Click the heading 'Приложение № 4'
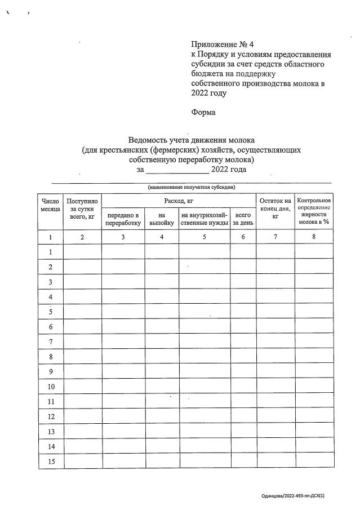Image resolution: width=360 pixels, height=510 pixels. pos(223,45)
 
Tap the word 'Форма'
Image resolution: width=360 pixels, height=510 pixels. pos(203,112)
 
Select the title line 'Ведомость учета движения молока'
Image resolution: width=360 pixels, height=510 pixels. pos(192,140)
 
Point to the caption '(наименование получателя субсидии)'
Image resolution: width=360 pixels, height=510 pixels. pos(192,187)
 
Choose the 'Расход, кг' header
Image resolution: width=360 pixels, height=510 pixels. pos(179,201)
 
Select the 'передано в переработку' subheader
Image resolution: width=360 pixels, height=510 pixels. pos(123,219)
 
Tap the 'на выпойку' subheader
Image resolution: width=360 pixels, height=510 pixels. pos(162,219)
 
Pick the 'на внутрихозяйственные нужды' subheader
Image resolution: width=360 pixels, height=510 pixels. pos(204,219)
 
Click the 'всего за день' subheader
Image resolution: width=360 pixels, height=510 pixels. pos(243,219)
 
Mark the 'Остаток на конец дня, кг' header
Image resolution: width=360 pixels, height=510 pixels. pos(275,208)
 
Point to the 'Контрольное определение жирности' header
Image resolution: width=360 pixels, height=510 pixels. pos(314,211)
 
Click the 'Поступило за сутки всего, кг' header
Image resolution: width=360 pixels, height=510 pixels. pos(82,208)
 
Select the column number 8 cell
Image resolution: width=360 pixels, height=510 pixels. pos(314,237)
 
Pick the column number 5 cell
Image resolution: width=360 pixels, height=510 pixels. pos(204,237)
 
